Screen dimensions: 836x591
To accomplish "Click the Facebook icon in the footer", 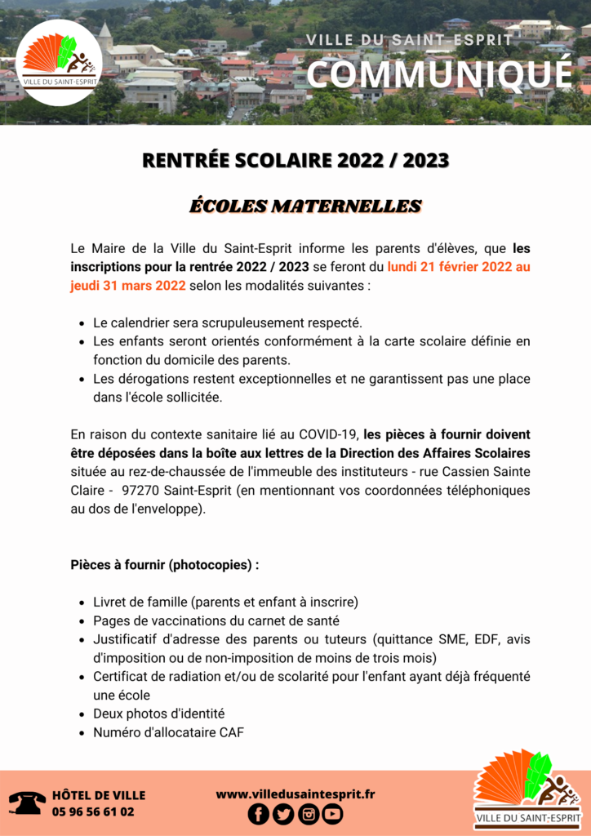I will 258,813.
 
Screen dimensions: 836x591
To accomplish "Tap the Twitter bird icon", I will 283,813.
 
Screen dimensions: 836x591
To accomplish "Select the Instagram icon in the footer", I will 309,813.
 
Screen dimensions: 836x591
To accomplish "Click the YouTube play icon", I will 332,813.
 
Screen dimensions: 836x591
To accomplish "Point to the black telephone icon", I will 28,803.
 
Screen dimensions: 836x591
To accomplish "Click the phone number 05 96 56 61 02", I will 93,812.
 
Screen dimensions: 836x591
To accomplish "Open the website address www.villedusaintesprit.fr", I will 295,794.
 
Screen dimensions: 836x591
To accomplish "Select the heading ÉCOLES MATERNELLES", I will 305,206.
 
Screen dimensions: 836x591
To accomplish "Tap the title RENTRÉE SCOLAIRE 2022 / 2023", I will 295,161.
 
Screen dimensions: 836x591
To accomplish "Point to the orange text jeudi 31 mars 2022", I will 128,286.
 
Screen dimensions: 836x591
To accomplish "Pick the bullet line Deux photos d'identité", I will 158,714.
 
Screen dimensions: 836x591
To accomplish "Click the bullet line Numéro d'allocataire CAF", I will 168,732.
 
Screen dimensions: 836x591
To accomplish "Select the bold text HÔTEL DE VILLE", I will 99,795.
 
